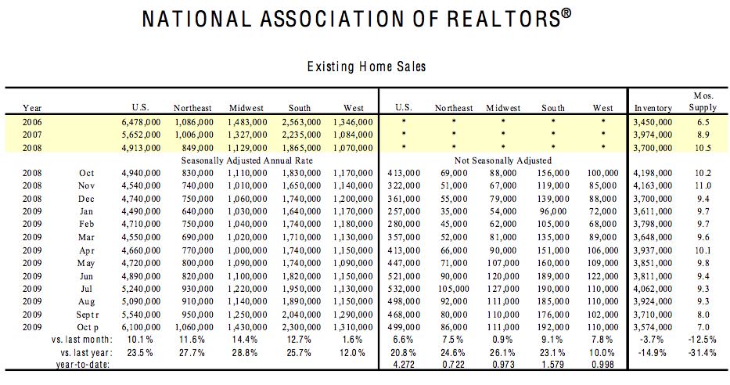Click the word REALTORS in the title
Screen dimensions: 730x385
(503, 19)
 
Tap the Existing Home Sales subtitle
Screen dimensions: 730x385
(366, 67)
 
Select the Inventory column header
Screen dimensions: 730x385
(653, 108)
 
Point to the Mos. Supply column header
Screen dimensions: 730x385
(703, 102)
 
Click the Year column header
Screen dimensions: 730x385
(32, 108)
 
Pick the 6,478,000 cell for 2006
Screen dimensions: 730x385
(141, 122)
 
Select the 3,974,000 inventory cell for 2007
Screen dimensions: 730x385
(653, 135)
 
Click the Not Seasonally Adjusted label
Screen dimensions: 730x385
(503, 160)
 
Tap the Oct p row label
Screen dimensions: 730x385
(88, 327)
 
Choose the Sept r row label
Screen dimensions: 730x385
(88, 315)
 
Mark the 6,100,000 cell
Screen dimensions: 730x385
(141, 327)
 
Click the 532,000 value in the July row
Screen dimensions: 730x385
(404, 289)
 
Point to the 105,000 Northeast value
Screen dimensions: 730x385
(454, 289)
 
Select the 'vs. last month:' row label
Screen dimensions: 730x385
(82, 340)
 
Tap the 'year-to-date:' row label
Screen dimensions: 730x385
(83, 365)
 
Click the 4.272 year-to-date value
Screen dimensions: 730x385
(404, 365)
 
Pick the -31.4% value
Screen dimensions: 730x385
(703, 352)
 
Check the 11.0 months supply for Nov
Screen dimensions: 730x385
(703, 185)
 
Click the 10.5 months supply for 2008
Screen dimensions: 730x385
(703, 148)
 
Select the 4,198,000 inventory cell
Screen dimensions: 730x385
(653, 173)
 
